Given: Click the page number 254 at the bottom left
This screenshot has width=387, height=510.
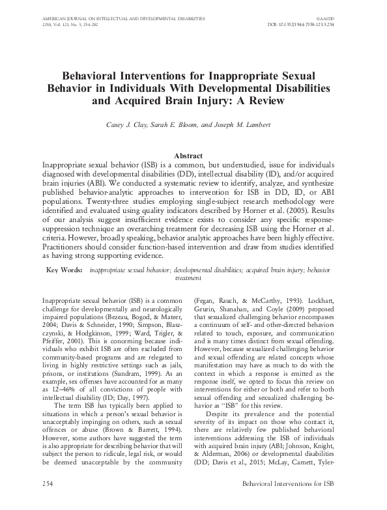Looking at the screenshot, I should tap(30, 502).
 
